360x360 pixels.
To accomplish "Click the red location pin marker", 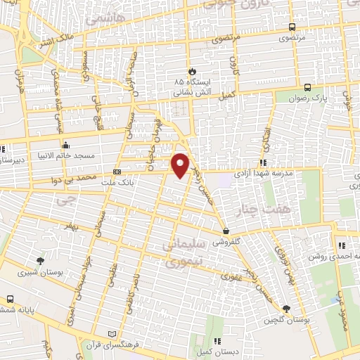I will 181,164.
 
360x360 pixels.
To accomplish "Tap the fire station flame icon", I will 192,71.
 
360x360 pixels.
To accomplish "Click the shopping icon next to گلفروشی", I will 226,230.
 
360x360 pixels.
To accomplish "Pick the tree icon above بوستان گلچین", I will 286,309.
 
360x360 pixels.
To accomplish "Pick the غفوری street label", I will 231,276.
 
